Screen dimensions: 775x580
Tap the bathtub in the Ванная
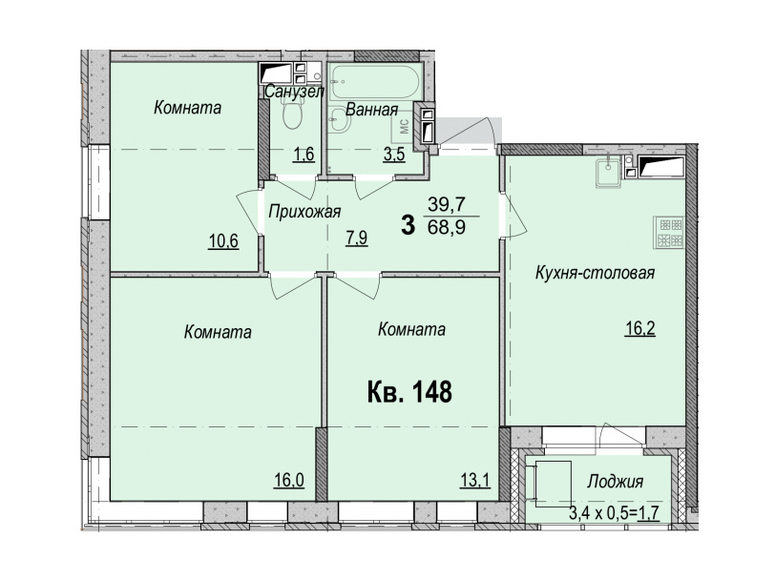pyautogui.click(x=376, y=82)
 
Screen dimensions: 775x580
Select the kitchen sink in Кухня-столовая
pyautogui.click(x=608, y=174)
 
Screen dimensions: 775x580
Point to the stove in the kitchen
pyautogui.click(x=671, y=232)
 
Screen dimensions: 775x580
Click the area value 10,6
pyautogui.click(x=223, y=241)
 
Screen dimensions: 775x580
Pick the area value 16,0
pyautogui.click(x=289, y=480)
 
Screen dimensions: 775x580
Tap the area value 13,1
pyautogui.click(x=475, y=480)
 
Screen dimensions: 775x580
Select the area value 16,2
pyautogui.click(x=640, y=328)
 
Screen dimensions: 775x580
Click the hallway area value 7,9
pyautogui.click(x=356, y=238)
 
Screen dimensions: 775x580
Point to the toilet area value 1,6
pyautogui.click(x=304, y=155)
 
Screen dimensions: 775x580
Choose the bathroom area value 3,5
pyautogui.click(x=394, y=155)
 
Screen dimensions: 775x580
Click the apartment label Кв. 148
pyautogui.click(x=409, y=392)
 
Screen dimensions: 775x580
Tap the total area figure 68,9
pyautogui.click(x=447, y=228)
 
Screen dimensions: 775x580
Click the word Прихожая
pyautogui.click(x=304, y=212)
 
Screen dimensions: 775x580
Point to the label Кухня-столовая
pyautogui.click(x=596, y=273)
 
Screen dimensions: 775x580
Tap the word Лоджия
pyautogui.click(x=615, y=481)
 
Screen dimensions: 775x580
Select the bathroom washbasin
pyautogui.click(x=340, y=120)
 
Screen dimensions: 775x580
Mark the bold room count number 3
pyautogui.click(x=408, y=226)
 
